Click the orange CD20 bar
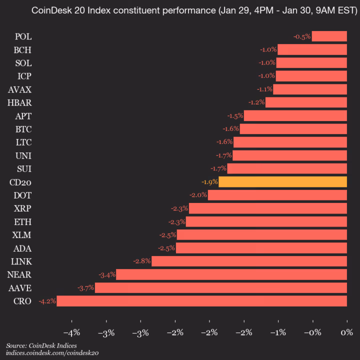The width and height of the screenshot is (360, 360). (282, 181)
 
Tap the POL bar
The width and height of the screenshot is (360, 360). (329, 36)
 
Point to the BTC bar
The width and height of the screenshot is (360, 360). (293, 129)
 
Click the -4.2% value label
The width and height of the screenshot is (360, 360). (47, 301)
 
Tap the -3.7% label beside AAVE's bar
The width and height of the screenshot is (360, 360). (85, 288)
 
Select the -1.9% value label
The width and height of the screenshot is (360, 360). (209, 181)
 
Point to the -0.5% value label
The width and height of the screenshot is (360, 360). (302, 36)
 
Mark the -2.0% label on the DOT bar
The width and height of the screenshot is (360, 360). (198, 195)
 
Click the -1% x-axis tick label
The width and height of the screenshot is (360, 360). (278, 332)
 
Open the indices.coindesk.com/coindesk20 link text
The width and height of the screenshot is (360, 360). (52, 353)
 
